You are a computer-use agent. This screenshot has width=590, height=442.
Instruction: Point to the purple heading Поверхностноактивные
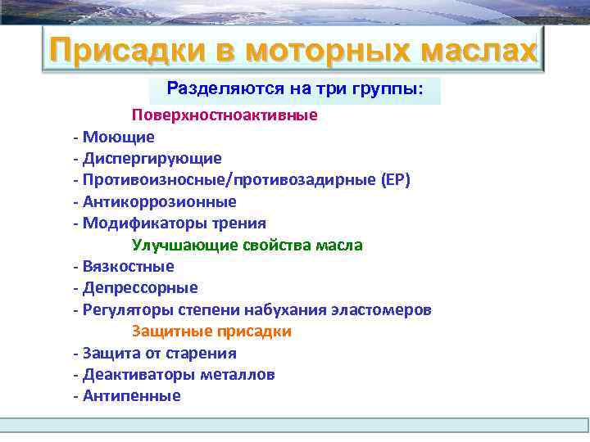coord(225,115)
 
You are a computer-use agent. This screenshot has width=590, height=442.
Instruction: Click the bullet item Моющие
coord(118,137)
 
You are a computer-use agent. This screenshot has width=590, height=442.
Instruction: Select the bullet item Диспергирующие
coord(152,158)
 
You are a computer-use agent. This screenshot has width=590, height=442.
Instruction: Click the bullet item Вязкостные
coord(128,267)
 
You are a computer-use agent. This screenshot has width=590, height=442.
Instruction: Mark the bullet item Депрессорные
coord(140,288)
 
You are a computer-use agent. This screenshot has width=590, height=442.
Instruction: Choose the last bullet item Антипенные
coord(131,396)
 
